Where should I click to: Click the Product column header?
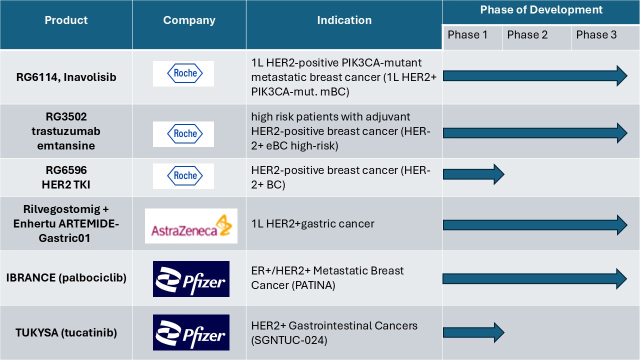click(x=66, y=20)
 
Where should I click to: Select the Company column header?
click(x=189, y=20)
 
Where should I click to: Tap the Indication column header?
click(x=344, y=20)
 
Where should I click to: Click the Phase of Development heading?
click(x=541, y=10)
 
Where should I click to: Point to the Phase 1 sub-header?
click(x=467, y=35)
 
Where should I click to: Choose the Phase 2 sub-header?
click(x=527, y=35)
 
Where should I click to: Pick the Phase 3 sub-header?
click(x=596, y=35)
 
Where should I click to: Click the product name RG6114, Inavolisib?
click(x=66, y=77)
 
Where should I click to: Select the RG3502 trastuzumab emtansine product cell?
click(x=66, y=131)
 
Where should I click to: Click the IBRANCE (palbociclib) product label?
click(x=66, y=278)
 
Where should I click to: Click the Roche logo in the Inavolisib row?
click(x=183, y=73)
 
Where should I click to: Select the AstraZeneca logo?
click(x=191, y=226)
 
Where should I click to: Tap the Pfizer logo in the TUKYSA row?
click(x=191, y=332)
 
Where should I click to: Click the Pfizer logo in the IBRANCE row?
click(x=191, y=279)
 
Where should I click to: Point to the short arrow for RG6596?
click(x=473, y=174)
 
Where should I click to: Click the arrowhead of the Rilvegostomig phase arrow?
click(x=621, y=225)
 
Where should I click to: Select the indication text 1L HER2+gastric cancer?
click(x=312, y=224)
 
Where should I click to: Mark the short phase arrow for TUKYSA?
click(x=473, y=332)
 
